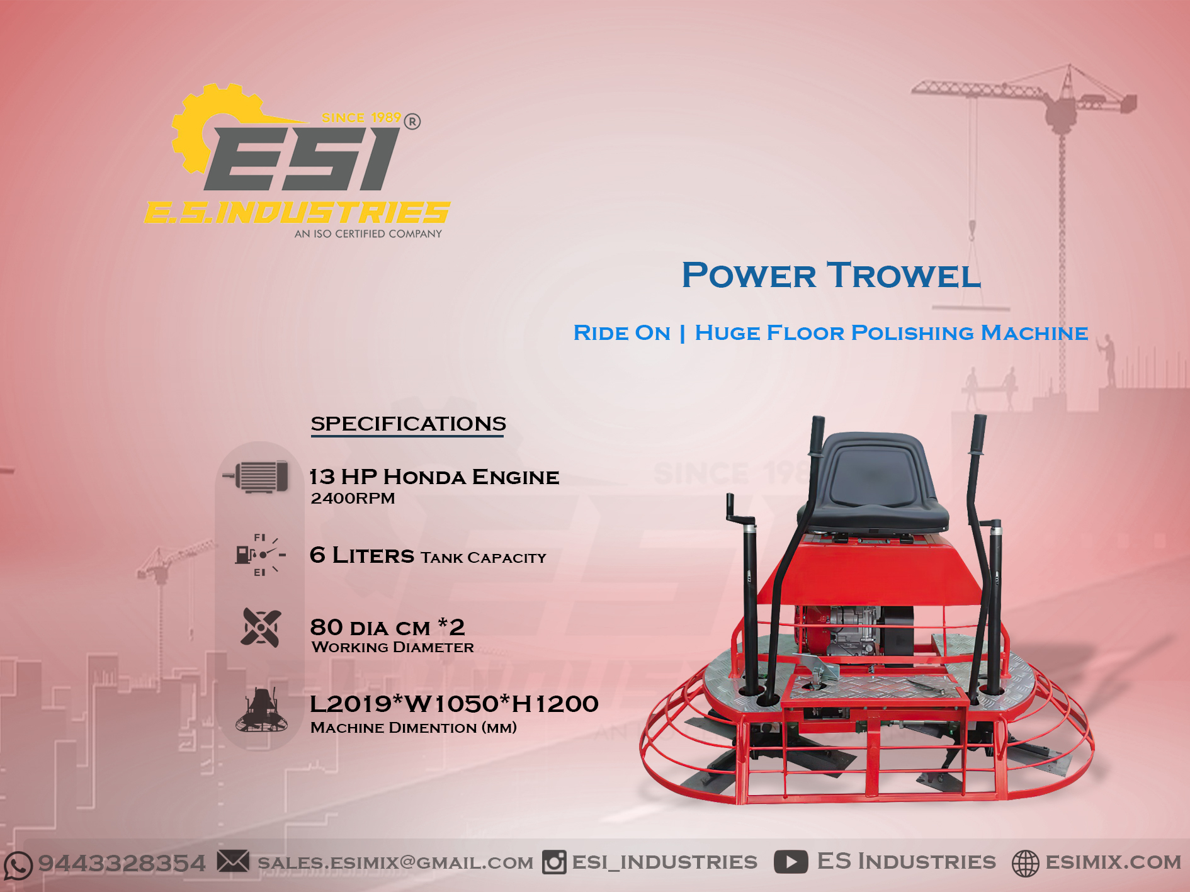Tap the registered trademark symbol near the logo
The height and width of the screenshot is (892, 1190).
(412, 121)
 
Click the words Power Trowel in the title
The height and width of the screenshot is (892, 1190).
(831, 275)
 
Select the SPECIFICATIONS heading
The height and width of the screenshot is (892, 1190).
(408, 424)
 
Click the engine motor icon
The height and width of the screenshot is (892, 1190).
(256, 476)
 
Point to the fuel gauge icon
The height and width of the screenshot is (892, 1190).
(260, 555)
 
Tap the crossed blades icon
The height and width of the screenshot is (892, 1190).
(261, 627)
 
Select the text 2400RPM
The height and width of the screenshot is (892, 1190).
(353, 498)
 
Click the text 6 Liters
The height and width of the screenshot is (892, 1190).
(362, 555)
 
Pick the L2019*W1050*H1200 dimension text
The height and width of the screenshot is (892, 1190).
(454, 704)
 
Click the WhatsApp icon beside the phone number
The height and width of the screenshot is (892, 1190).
(18, 865)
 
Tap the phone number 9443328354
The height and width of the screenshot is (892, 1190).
(122, 863)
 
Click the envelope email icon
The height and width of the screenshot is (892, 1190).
(233, 861)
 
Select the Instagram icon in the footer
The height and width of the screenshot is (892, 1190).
(554, 862)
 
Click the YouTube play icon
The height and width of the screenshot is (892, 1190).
(791, 861)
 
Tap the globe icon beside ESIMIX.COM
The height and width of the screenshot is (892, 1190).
(1025, 863)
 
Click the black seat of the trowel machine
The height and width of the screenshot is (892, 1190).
(875, 485)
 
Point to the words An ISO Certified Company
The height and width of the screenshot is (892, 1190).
(368, 234)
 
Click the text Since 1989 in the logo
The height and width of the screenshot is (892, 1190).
(361, 118)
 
